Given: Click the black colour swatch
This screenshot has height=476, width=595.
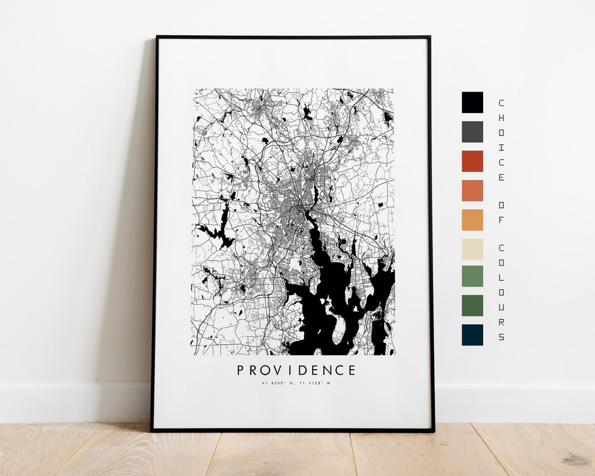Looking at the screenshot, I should (x=472, y=102).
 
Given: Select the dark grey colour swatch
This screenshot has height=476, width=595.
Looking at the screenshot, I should (x=472, y=132).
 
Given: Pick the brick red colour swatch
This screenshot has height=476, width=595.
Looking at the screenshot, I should (x=472, y=161).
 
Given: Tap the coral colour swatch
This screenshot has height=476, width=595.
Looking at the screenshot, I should (x=472, y=191).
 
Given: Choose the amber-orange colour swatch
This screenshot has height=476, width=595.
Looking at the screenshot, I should (x=472, y=220).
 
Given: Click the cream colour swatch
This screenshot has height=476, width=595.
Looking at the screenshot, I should (x=472, y=249).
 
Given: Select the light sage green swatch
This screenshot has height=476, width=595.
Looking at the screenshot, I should (x=472, y=276).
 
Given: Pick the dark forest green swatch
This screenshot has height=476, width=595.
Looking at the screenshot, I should (x=472, y=305).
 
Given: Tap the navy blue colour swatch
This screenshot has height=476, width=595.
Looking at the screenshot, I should (x=472, y=334).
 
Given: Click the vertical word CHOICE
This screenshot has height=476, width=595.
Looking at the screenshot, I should (x=501, y=140).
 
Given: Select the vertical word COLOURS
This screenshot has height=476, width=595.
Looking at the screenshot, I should (x=501, y=291).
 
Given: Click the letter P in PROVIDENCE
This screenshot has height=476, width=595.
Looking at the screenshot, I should (x=241, y=370).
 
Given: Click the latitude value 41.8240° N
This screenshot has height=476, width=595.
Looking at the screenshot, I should (x=280, y=383).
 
